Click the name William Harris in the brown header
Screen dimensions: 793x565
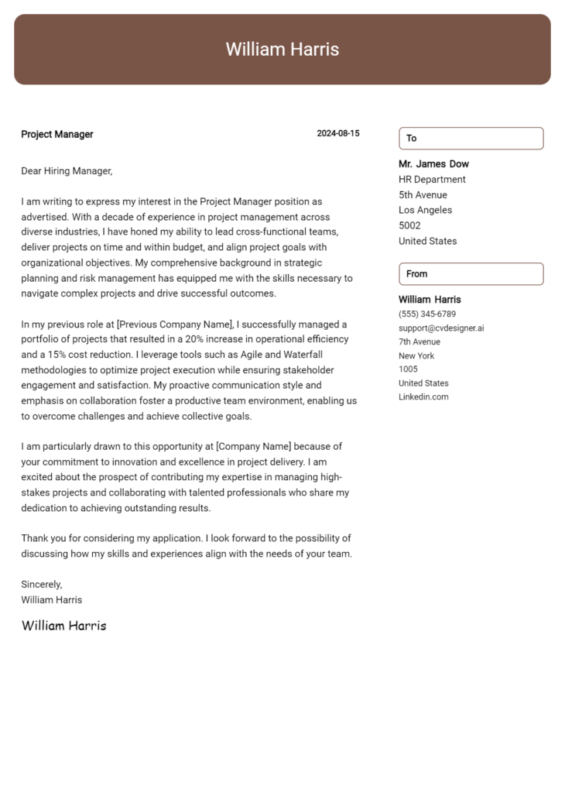tap(282, 50)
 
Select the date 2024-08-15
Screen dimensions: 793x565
tap(337, 133)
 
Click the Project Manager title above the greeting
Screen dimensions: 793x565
tap(57, 134)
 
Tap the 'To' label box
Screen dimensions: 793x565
tap(471, 138)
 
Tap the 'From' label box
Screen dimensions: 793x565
tap(471, 273)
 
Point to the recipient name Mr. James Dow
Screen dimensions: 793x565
tap(433, 164)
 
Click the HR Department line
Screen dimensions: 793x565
tap(432, 180)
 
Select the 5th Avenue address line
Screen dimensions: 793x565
tap(423, 195)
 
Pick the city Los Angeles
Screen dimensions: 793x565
tap(425, 210)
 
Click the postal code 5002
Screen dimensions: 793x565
tap(409, 225)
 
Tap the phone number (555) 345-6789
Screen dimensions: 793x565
tap(426, 314)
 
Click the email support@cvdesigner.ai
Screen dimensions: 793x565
tap(441, 328)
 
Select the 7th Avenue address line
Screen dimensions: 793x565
tap(419, 342)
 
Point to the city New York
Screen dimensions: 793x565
tap(416, 355)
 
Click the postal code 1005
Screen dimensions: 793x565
tap(407, 369)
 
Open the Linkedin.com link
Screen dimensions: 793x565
tap(423, 397)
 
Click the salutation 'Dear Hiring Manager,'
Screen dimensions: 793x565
tap(67, 170)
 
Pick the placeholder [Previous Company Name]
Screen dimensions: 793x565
tap(174, 324)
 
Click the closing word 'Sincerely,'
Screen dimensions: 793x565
tap(42, 584)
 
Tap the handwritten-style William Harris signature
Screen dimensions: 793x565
tap(63, 625)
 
